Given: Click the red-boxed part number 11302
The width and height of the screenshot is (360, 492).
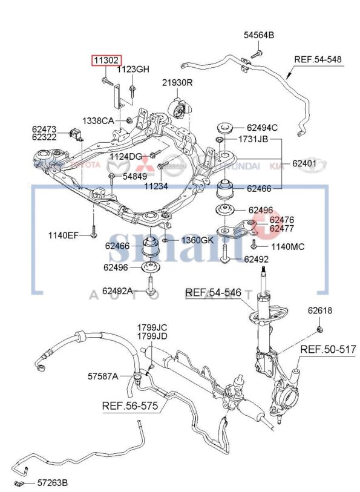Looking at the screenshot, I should pyautogui.click(x=106, y=60).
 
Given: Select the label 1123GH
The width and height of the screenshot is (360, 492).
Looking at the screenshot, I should pyautogui.click(x=133, y=69).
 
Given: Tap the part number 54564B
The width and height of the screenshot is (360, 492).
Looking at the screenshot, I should pyautogui.click(x=259, y=36).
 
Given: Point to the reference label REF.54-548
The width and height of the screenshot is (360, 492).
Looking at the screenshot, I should pyautogui.click(x=318, y=59).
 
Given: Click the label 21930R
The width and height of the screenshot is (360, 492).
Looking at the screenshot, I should pyautogui.click(x=177, y=82).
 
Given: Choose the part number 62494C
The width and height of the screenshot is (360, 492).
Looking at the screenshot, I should pyautogui.click(x=262, y=128).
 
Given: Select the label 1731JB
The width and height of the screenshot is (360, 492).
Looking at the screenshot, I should pyautogui.click(x=252, y=139).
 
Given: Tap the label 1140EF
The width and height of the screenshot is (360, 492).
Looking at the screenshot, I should pyautogui.click(x=64, y=235).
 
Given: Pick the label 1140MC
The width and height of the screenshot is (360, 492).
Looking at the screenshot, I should pyautogui.click(x=287, y=246).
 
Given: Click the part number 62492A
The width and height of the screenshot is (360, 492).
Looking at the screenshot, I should pyautogui.click(x=117, y=291).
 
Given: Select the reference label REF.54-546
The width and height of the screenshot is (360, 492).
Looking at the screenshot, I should pyautogui.click(x=213, y=293).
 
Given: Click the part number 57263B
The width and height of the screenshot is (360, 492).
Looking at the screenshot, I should pyautogui.click(x=52, y=483).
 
